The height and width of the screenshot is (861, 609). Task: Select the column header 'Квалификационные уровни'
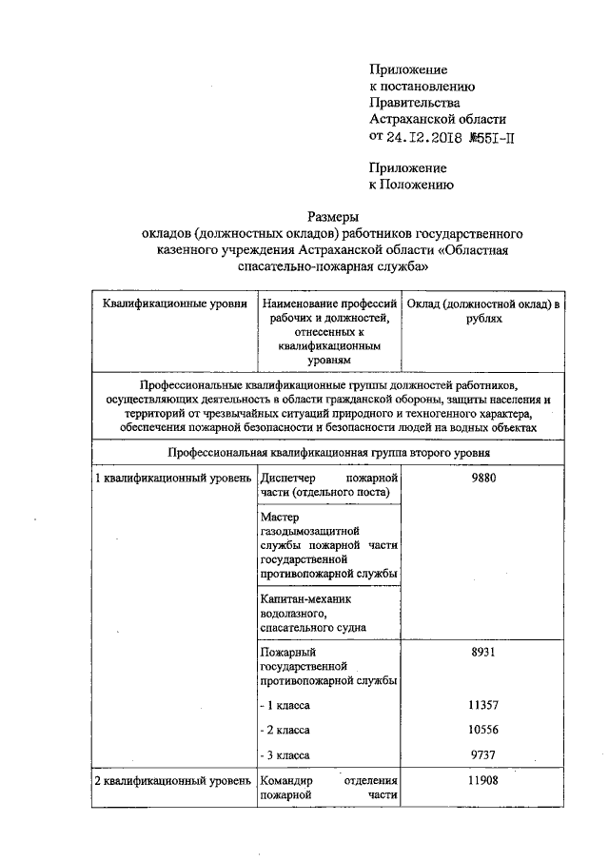click(169, 303)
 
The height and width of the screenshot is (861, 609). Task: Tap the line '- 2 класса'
click(285, 730)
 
